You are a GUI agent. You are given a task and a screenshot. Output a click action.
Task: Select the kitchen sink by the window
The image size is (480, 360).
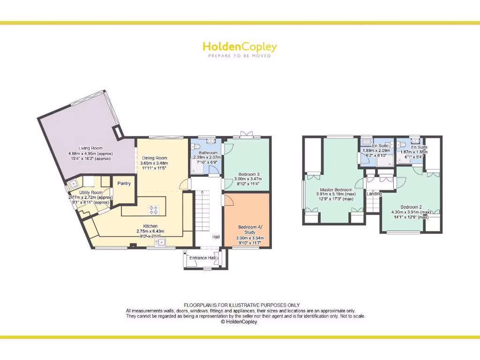(x=161, y=242)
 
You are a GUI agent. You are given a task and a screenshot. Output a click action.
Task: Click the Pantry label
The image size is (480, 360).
(x=124, y=184)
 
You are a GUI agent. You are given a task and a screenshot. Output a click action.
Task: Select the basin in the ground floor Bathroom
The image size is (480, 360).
(x=210, y=140)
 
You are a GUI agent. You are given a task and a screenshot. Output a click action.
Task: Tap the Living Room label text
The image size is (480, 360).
(x=90, y=148)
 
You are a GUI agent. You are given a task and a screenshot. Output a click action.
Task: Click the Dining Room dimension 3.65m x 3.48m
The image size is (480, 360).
(x=154, y=163)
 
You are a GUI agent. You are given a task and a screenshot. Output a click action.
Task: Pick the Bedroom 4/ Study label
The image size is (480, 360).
(x=247, y=230)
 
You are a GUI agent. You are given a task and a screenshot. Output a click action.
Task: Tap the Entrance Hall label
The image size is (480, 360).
(x=202, y=258)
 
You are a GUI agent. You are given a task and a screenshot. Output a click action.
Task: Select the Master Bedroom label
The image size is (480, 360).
(x=336, y=190)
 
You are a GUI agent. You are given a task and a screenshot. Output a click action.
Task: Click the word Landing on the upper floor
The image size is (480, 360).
(x=374, y=194)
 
